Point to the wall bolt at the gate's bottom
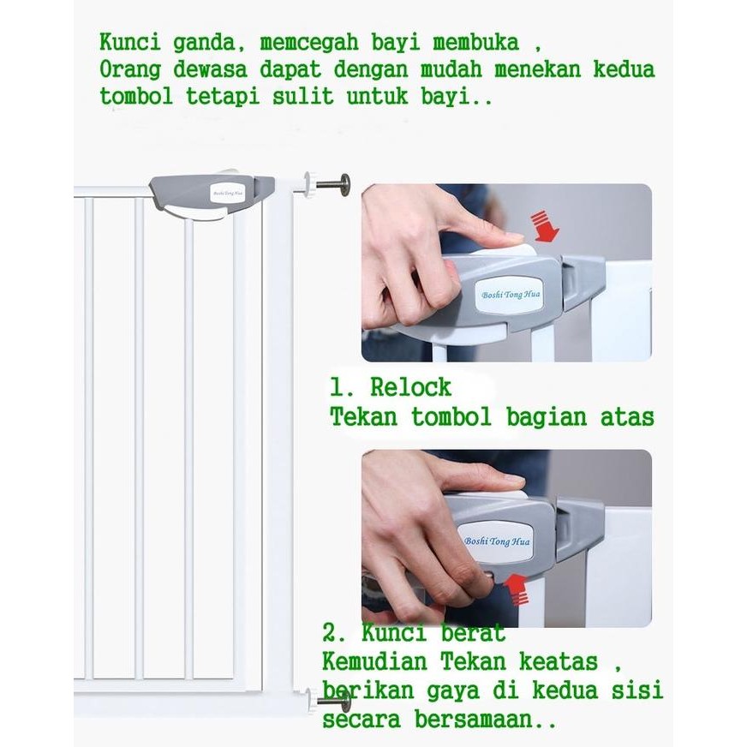coord(336,702)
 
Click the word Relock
coord(411,388)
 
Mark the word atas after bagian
coord(624,417)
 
